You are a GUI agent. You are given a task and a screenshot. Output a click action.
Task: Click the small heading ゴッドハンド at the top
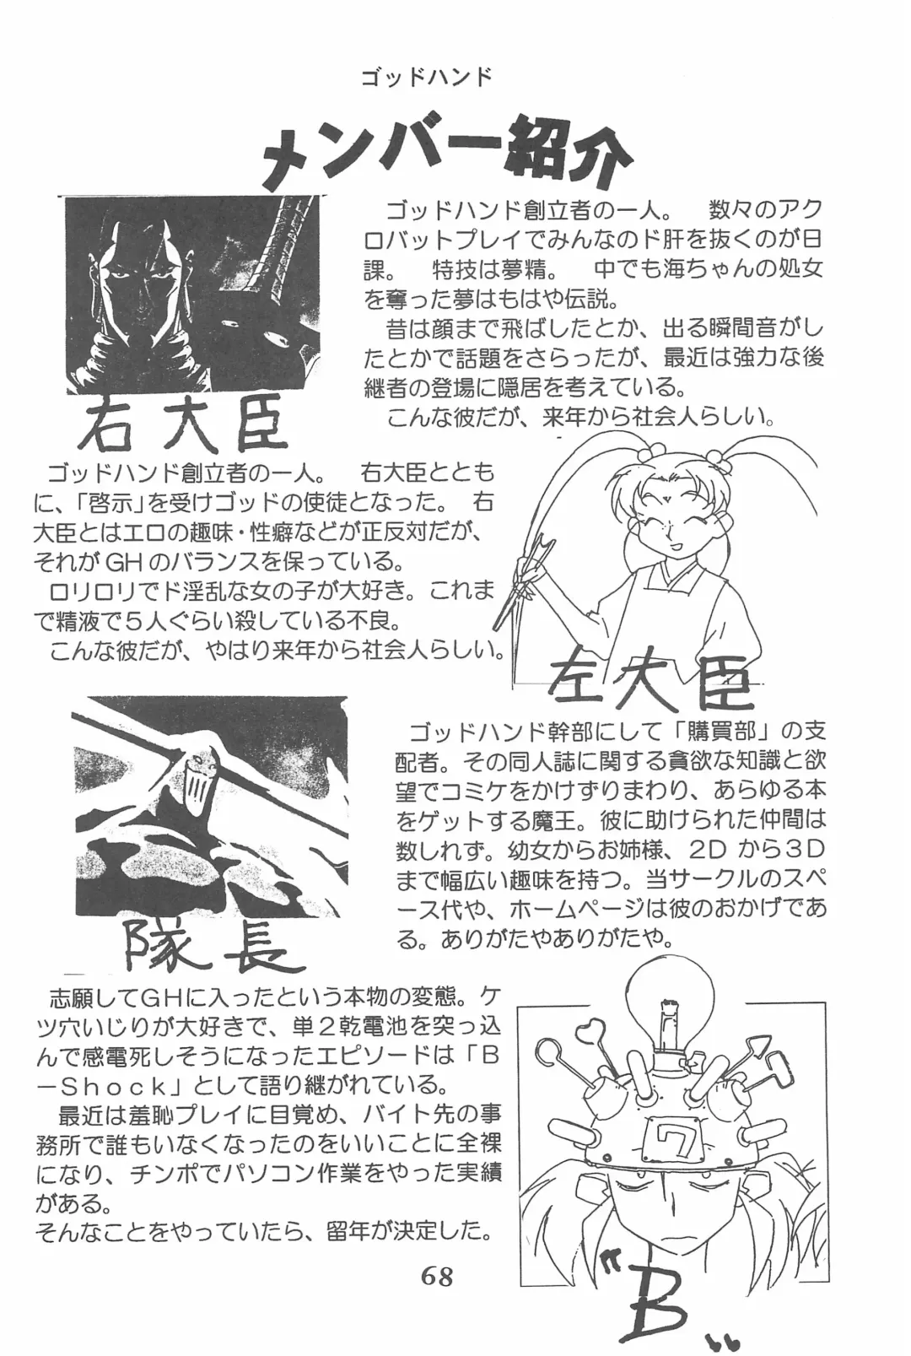pos(425,78)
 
